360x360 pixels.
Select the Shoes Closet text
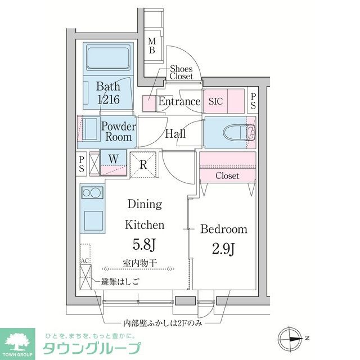(x=181, y=72)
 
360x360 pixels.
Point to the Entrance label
(x=179, y=102)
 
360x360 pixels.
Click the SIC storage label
(x=215, y=102)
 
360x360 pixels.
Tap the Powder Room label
(x=119, y=132)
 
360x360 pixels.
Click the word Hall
(x=175, y=134)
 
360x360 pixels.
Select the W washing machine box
(x=114, y=161)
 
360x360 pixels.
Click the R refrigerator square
(x=143, y=164)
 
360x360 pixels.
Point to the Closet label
(x=227, y=176)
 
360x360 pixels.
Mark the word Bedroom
(x=224, y=229)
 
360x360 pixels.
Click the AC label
(x=85, y=261)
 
